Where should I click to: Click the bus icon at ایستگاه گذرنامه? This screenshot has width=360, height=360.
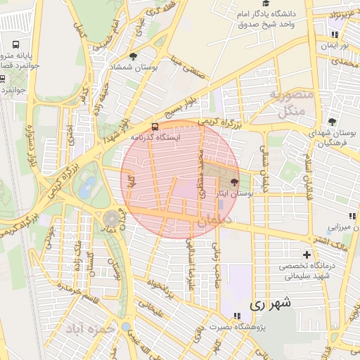(x=155, y=127)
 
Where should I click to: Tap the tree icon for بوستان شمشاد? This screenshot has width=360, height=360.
(x=134, y=56)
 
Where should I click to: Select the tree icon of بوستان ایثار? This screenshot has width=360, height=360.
(x=235, y=181)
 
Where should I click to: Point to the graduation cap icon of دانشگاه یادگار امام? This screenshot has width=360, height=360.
(x=265, y=4)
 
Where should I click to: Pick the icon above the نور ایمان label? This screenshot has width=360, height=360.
(x=335, y=34)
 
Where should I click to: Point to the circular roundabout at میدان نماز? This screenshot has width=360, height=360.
(x=112, y=219)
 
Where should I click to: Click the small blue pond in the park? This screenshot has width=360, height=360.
(x=88, y=186)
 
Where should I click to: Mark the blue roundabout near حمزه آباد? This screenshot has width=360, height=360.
(x=125, y=326)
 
